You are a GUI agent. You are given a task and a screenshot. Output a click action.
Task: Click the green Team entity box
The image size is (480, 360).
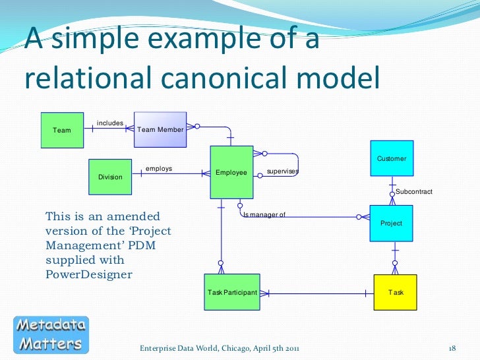click(x=63, y=131)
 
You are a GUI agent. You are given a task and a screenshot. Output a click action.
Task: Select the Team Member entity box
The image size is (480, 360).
click(x=160, y=130)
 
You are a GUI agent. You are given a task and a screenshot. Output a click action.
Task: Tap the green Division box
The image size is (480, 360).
click(x=110, y=177)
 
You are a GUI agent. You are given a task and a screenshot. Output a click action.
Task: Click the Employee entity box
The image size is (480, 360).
click(x=231, y=172)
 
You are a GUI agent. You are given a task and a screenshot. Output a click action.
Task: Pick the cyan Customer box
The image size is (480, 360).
click(x=392, y=158)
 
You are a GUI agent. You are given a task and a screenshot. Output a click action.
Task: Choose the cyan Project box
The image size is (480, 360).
click(x=392, y=224)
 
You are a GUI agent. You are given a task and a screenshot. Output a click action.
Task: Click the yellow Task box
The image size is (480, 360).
click(x=396, y=292)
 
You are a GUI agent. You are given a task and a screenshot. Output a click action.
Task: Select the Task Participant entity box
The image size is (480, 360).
click(x=232, y=292)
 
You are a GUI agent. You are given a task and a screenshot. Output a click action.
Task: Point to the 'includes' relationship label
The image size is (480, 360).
click(x=110, y=123)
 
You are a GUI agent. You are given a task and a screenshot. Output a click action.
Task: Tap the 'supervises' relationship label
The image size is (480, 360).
click(x=283, y=172)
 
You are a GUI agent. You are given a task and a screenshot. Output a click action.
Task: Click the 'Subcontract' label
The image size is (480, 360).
click(x=414, y=192)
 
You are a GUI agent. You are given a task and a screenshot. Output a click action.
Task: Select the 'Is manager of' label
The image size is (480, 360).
click(x=264, y=214)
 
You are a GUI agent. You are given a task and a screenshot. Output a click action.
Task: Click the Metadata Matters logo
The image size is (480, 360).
click(x=51, y=334)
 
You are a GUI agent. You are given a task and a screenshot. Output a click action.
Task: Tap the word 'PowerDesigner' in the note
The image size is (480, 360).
click(x=88, y=274)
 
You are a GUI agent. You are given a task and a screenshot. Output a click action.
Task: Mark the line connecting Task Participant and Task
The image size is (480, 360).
click(x=310, y=292)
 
